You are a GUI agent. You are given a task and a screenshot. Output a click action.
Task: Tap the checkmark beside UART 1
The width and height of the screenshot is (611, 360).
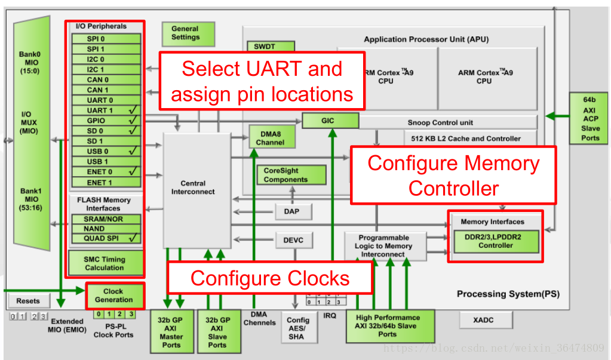(x=133, y=110)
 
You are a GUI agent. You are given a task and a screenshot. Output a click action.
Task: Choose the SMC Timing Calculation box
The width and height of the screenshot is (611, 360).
(x=105, y=264)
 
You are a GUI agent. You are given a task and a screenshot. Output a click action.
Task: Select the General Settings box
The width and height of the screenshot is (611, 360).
(x=185, y=33)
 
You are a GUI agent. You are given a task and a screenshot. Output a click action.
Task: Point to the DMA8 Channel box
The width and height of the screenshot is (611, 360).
(x=271, y=139)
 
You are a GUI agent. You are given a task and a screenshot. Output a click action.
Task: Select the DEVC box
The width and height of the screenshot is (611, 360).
(x=293, y=240)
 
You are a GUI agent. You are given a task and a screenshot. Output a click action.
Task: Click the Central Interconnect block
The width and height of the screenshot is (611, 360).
(x=196, y=188)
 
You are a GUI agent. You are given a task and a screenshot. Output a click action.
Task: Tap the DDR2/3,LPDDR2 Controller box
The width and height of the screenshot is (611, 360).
(x=496, y=241)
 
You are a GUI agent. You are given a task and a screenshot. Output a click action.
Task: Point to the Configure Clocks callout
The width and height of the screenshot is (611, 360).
(x=270, y=278)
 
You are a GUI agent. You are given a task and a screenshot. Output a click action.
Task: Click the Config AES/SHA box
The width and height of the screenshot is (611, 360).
(x=298, y=328)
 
